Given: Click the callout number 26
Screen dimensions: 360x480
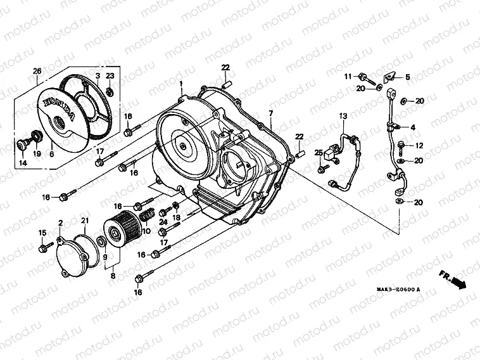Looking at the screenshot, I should pyautogui.click(x=37, y=70).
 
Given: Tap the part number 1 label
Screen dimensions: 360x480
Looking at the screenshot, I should pyautogui.click(x=180, y=84).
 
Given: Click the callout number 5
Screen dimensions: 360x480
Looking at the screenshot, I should pyautogui.click(x=407, y=77).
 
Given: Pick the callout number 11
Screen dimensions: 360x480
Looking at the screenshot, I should pyautogui.click(x=348, y=77).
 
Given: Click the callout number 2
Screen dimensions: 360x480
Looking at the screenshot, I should pyautogui.click(x=60, y=222).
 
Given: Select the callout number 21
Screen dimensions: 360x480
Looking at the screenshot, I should pyautogui.click(x=85, y=220).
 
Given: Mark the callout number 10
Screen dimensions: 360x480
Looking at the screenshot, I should pyautogui.click(x=146, y=230).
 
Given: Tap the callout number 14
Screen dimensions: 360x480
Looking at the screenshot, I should pyautogui.click(x=23, y=163).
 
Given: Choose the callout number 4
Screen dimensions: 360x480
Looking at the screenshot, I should pyautogui.click(x=413, y=127).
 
